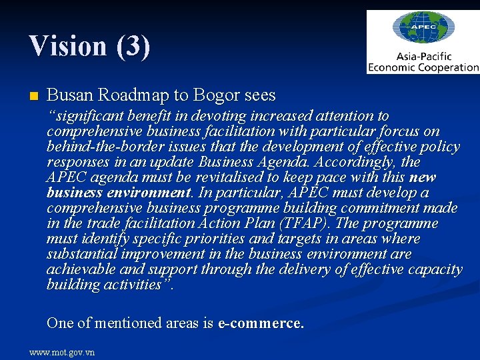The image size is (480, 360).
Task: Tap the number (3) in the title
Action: [x=133, y=46]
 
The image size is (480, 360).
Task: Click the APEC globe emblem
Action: [x=423, y=29]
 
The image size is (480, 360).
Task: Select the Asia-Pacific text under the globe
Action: [x=423, y=56]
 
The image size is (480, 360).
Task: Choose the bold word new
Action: [x=422, y=177]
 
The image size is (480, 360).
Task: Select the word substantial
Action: [x=81, y=254]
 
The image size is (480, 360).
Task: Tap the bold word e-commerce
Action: [x=261, y=323]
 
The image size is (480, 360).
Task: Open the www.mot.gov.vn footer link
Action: [x=62, y=352]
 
